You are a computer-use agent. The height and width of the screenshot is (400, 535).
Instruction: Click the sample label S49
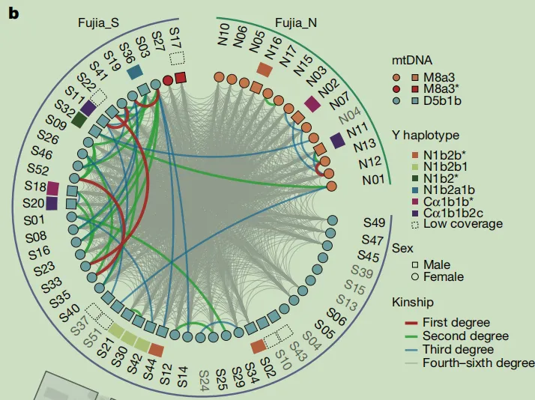pos(375,222)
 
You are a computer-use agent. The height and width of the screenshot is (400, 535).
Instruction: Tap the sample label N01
pos(373,179)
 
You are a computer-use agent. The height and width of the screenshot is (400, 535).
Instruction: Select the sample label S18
pos(35,187)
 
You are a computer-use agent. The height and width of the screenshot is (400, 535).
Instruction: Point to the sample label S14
pos(183,377)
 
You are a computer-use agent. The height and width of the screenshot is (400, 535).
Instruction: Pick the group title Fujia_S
pos(98,23)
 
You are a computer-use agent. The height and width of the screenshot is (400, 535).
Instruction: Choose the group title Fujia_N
pos(296,23)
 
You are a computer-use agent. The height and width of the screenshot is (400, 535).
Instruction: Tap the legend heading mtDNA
pos(412,61)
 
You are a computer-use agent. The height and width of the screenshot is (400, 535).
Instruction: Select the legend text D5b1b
pos(442,100)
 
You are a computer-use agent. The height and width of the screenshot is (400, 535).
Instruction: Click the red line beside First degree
pos(411,323)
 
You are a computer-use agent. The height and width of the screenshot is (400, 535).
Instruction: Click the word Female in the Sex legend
pos(444,276)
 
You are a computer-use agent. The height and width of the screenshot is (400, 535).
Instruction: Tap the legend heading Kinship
pos(413,303)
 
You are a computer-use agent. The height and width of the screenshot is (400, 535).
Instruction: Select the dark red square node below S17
pos(181,78)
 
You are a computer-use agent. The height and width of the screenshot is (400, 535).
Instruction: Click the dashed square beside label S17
pos(178,58)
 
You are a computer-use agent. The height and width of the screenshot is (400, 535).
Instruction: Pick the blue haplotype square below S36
pos(134,72)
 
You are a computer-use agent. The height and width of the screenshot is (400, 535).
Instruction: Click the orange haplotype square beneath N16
pos(265,70)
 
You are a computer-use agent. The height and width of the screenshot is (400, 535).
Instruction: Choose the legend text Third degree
pos(459,350)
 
